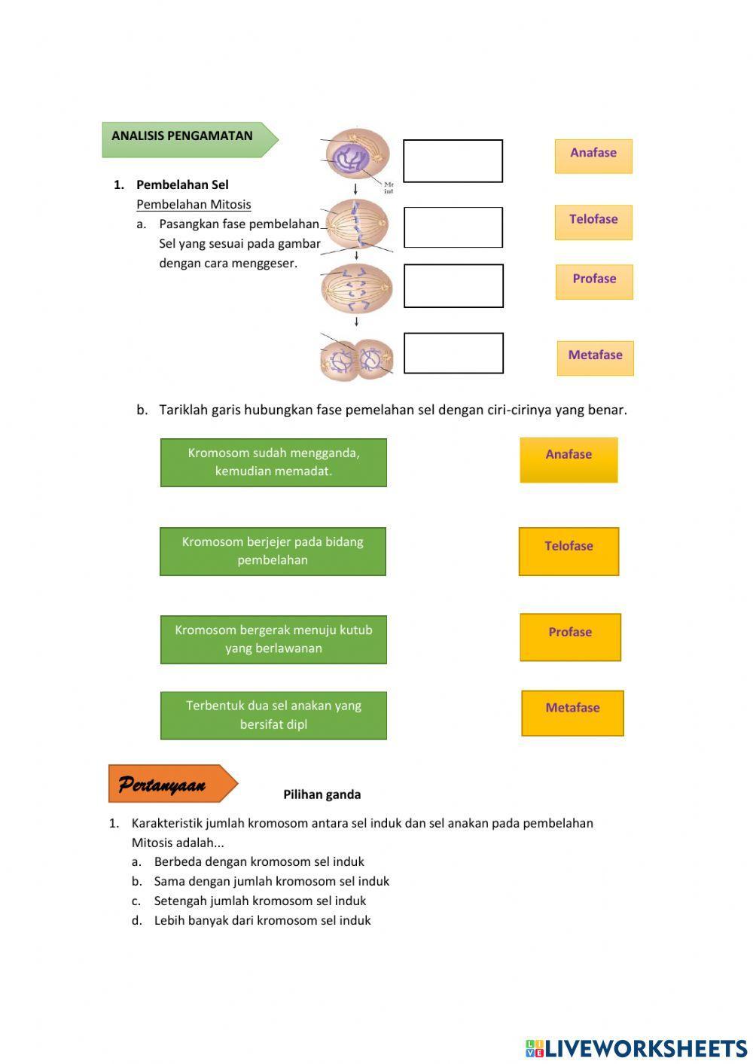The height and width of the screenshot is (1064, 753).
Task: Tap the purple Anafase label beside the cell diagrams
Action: (593, 155)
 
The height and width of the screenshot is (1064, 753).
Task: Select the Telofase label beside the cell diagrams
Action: (593, 221)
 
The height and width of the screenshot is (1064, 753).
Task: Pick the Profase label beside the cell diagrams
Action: (594, 281)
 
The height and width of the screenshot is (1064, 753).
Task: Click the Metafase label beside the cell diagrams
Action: (595, 357)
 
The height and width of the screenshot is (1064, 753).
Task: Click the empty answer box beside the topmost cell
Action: (453, 160)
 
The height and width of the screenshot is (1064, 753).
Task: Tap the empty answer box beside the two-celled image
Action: (453, 353)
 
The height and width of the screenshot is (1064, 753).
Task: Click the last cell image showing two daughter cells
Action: (356, 359)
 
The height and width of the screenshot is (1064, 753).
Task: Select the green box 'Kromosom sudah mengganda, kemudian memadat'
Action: (273, 462)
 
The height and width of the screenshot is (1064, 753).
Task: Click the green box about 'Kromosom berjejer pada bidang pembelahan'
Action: (273, 551)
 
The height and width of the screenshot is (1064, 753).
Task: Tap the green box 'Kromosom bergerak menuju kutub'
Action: (273, 639)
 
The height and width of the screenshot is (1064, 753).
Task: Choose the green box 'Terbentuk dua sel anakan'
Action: (273, 715)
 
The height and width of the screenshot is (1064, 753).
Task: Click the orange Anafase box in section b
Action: (569, 459)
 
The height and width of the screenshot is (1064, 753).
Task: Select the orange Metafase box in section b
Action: (572, 712)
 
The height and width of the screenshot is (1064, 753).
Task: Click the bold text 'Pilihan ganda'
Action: (322, 794)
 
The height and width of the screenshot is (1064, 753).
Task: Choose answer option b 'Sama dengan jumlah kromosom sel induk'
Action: (271, 881)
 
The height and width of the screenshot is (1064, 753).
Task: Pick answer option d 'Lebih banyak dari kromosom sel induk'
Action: (262, 920)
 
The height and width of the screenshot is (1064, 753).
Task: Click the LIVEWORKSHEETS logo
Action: (636, 1047)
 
